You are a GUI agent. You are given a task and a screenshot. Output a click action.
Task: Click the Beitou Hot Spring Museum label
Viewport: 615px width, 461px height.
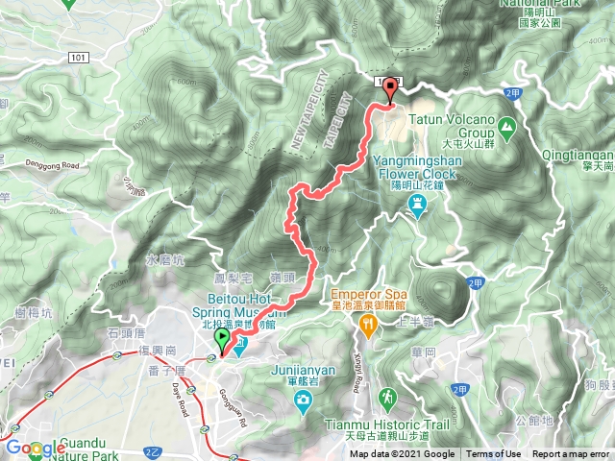246,305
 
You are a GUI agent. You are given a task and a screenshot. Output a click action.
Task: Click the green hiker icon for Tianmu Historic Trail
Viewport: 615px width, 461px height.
386,396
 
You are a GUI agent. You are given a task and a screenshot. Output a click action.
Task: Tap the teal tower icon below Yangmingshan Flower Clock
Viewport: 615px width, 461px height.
417,204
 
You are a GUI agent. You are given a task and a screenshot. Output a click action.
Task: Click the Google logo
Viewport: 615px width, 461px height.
36,448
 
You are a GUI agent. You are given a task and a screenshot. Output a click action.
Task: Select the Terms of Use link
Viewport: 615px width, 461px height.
494,454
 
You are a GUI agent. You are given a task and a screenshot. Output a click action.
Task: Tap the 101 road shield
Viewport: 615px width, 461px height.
80,59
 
